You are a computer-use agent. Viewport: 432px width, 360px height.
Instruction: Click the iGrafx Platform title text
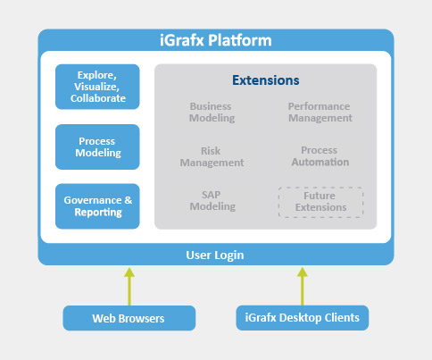(215, 40)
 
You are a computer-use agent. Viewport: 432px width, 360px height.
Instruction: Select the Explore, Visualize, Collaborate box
(97, 87)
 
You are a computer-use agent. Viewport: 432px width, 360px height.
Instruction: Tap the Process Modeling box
(97, 147)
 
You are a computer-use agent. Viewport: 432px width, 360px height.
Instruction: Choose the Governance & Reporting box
(97, 206)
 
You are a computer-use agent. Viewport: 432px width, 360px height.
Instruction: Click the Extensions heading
(266, 80)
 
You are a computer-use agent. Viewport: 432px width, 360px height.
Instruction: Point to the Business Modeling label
(211, 112)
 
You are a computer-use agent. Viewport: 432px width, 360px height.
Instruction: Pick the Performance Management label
(320, 112)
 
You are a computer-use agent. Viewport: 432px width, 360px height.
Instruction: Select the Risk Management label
(212, 157)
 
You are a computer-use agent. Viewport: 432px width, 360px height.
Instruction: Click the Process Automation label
(320, 157)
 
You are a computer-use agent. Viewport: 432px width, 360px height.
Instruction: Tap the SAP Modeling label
(212, 201)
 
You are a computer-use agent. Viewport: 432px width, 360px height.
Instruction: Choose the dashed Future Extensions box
(320, 202)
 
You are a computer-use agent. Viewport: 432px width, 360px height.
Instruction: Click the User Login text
(215, 255)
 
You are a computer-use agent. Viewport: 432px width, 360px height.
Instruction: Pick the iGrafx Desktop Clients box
(303, 318)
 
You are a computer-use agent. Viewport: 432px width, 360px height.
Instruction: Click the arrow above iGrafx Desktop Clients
(302, 285)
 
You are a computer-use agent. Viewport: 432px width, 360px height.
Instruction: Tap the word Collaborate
(97, 99)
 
